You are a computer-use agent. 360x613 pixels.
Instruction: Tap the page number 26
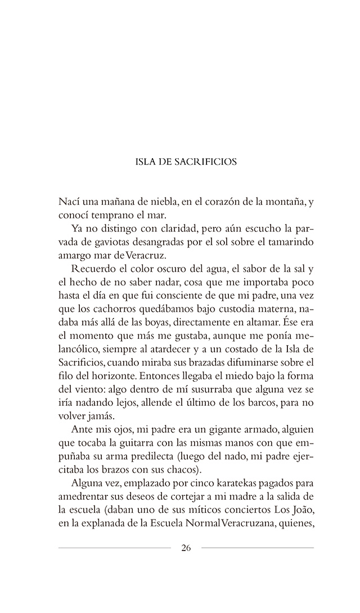186,549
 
